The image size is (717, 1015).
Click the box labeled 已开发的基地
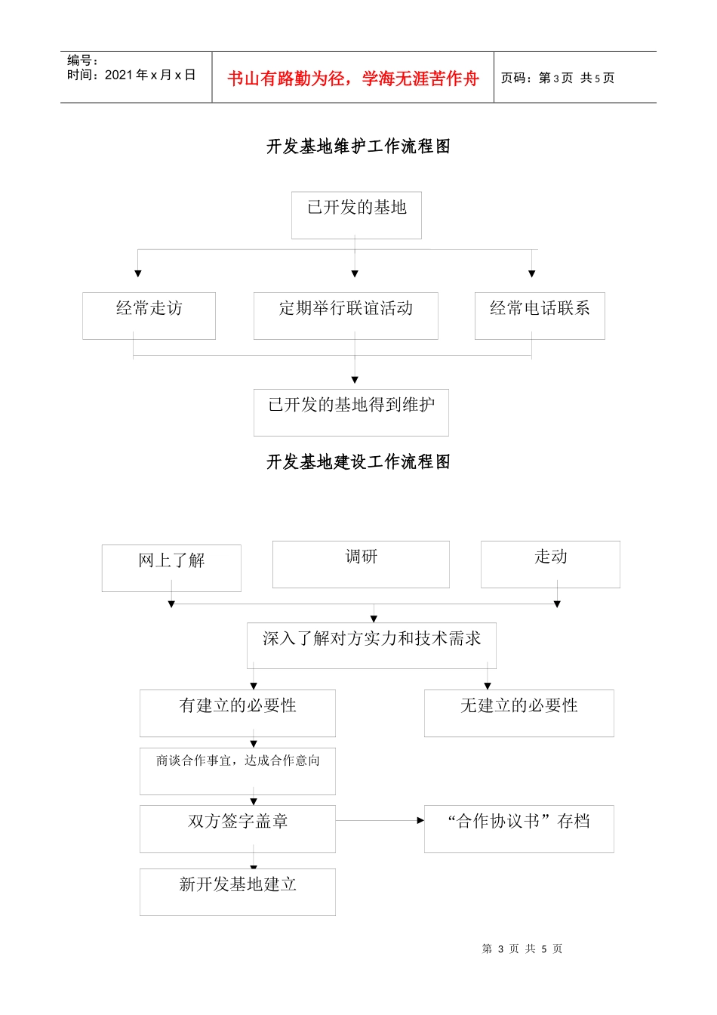pos(356,215)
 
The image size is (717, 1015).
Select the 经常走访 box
pos(149,316)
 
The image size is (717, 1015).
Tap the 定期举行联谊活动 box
pos(346,316)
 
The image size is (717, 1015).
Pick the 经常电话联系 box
pos(540,316)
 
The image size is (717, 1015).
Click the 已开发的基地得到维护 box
pos(351,412)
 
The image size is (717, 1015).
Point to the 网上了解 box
pos(171,568)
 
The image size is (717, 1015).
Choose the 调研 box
pos(361,564)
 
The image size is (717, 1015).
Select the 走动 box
pos(550,564)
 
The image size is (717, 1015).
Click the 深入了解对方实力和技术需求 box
pos(371,646)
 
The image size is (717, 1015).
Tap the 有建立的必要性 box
pos(238,713)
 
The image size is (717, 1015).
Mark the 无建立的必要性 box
pos(519,713)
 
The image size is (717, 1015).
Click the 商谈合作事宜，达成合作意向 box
pos(238,770)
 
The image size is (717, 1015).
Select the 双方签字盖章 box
pos(238,828)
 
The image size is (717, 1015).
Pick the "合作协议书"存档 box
pos(519,828)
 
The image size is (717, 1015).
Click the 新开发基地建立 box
pos(238,892)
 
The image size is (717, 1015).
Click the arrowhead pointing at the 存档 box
pos(420,820)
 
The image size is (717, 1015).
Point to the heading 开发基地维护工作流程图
pos(358,147)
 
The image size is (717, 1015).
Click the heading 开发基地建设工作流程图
pos(358,462)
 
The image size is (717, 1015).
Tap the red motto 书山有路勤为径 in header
pos(353,79)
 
